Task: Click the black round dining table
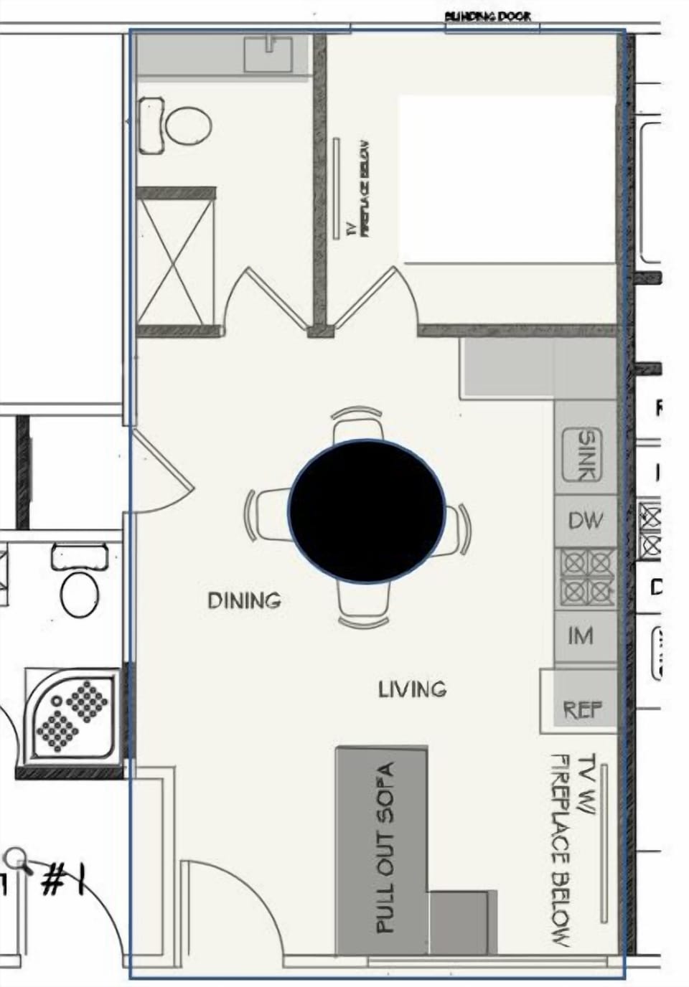click(x=367, y=511)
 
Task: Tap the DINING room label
click(x=244, y=600)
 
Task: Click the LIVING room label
click(x=412, y=689)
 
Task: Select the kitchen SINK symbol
click(x=586, y=455)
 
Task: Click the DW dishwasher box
click(x=586, y=521)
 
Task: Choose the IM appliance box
click(x=581, y=636)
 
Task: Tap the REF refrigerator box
click(x=582, y=709)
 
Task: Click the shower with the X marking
click(x=176, y=262)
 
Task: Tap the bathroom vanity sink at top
click(x=268, y=55)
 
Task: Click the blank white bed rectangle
click(x=507, y=178)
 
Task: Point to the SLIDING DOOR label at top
click(x=488, y=16)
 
